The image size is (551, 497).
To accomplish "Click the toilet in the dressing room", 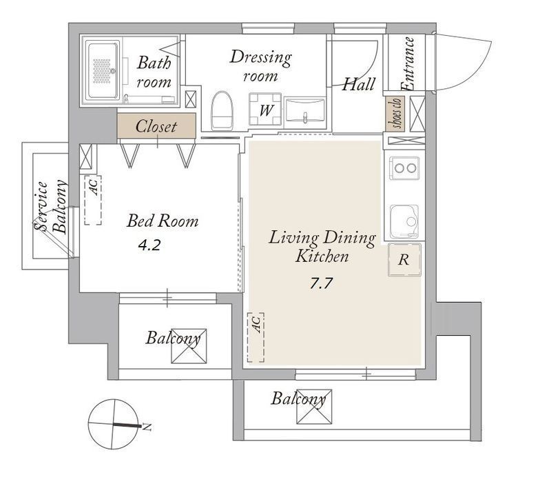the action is coord(222,111).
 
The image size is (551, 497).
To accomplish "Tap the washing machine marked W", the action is coord(265,109).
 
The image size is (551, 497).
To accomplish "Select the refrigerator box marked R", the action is coord(404,260).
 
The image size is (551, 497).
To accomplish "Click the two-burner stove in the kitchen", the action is coord(404,168).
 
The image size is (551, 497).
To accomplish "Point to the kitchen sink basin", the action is coord(404,221).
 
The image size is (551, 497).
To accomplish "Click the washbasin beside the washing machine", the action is coord(305,111).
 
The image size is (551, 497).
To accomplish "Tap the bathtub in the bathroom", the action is coord(103,70).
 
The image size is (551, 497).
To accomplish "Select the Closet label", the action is coord(156,127).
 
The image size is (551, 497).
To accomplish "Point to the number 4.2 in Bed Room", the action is coord(149,245).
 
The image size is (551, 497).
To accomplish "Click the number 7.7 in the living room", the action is coord(321,283).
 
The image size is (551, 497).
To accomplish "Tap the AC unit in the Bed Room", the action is coord(93,200).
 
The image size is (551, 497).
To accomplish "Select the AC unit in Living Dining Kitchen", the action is coord(256,337).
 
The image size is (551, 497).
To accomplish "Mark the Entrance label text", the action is coord(408,64).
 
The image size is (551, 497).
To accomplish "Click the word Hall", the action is coord(359,84).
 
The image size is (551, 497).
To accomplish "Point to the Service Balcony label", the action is coord(50,207).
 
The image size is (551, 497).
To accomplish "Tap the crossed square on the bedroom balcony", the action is coord(189,346).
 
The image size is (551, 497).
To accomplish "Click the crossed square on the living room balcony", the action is coord(314,407).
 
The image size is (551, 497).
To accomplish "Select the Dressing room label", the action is coord(261,66).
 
